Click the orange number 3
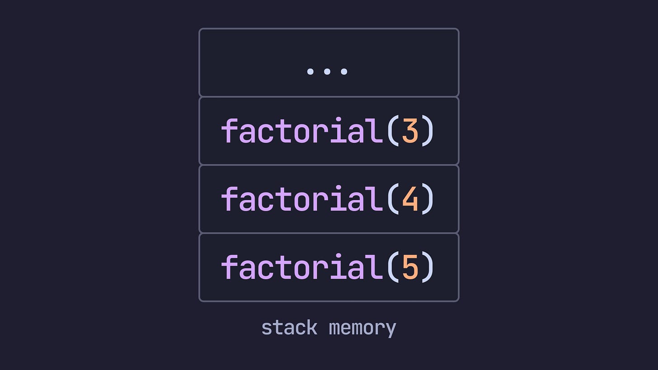pyautogui.click(x=410, y=131)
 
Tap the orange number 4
pyautogui.click(x=410, y=199)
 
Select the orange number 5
pyautogui.click(x=410, y=267)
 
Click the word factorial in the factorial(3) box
pyautogui.click(x=302, y=131)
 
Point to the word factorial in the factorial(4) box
pyautogui.click(x=302, y=199)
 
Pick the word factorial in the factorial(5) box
pyautogui.click(x=302, y=267)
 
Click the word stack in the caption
pyautogui.click(x=289, y=328)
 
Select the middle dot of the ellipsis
pyautogui.click(x=327, y=71)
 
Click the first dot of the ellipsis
pyautogui.click(x=310, y=71)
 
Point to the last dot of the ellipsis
pyautogui.click(x=344, y=71)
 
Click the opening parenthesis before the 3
pyautogui.click(x=393, y=131)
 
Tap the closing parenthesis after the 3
pyautogui.click(x=427, y=131)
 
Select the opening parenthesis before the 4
pyautogui.click(x=393, y=199)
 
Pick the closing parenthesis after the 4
pyautogui.click(x=427, y=199)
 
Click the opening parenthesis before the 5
pyautogui.click(x=393, y=267)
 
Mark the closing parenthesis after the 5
pyautogui.click(x=427, y=267)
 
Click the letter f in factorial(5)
pyautogui.click(x=229, y=267)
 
